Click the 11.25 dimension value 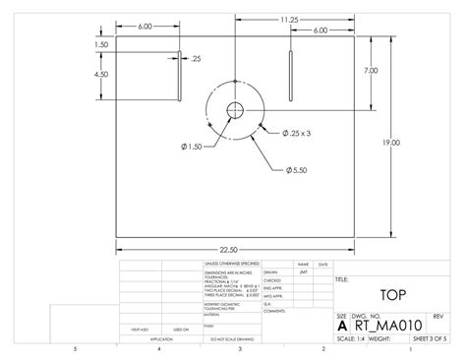click(x=289, y=19)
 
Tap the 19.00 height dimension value click(x=392, y=143)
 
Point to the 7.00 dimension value click(x=370, y=70)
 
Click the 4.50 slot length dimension click(x=101, y=75)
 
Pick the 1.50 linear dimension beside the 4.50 click(x=101, y=44)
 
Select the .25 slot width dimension click(x=197, y=59)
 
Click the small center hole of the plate click(x=237, y=109)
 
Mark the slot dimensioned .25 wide click(x=180, y=75)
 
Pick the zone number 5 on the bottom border click(x=75, y=349)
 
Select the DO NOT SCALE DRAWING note click(x=226, y=338)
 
